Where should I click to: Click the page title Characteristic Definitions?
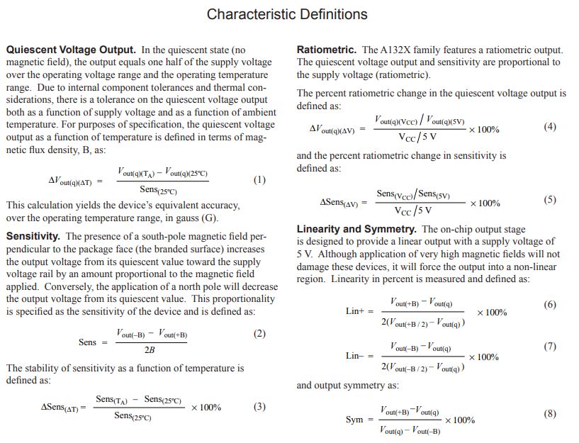[x=286, y=14]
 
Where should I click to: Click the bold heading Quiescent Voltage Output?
[x=71, y=50]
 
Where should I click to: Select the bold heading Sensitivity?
[x=33, y=236]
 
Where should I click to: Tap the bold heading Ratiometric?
[x=327, y=50]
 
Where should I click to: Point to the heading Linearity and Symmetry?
[x=356, y=229]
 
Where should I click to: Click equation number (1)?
[x=259, y=180]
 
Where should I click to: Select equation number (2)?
[x=259, y=334]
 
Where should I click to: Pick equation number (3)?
[x=259, y=407]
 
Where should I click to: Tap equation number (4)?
[x=550, y=127]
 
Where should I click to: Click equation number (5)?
[x=550, y=200]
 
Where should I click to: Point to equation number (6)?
[x=550, y=305]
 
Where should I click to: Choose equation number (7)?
[x=550, y=347]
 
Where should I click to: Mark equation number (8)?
[x=550, y=413]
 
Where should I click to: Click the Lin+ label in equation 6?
[x=355, y=312]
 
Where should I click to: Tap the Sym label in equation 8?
[x=354, y=420]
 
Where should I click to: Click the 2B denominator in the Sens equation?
[x=150, y=350]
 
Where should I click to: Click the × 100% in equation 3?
[x=206, y=408]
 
